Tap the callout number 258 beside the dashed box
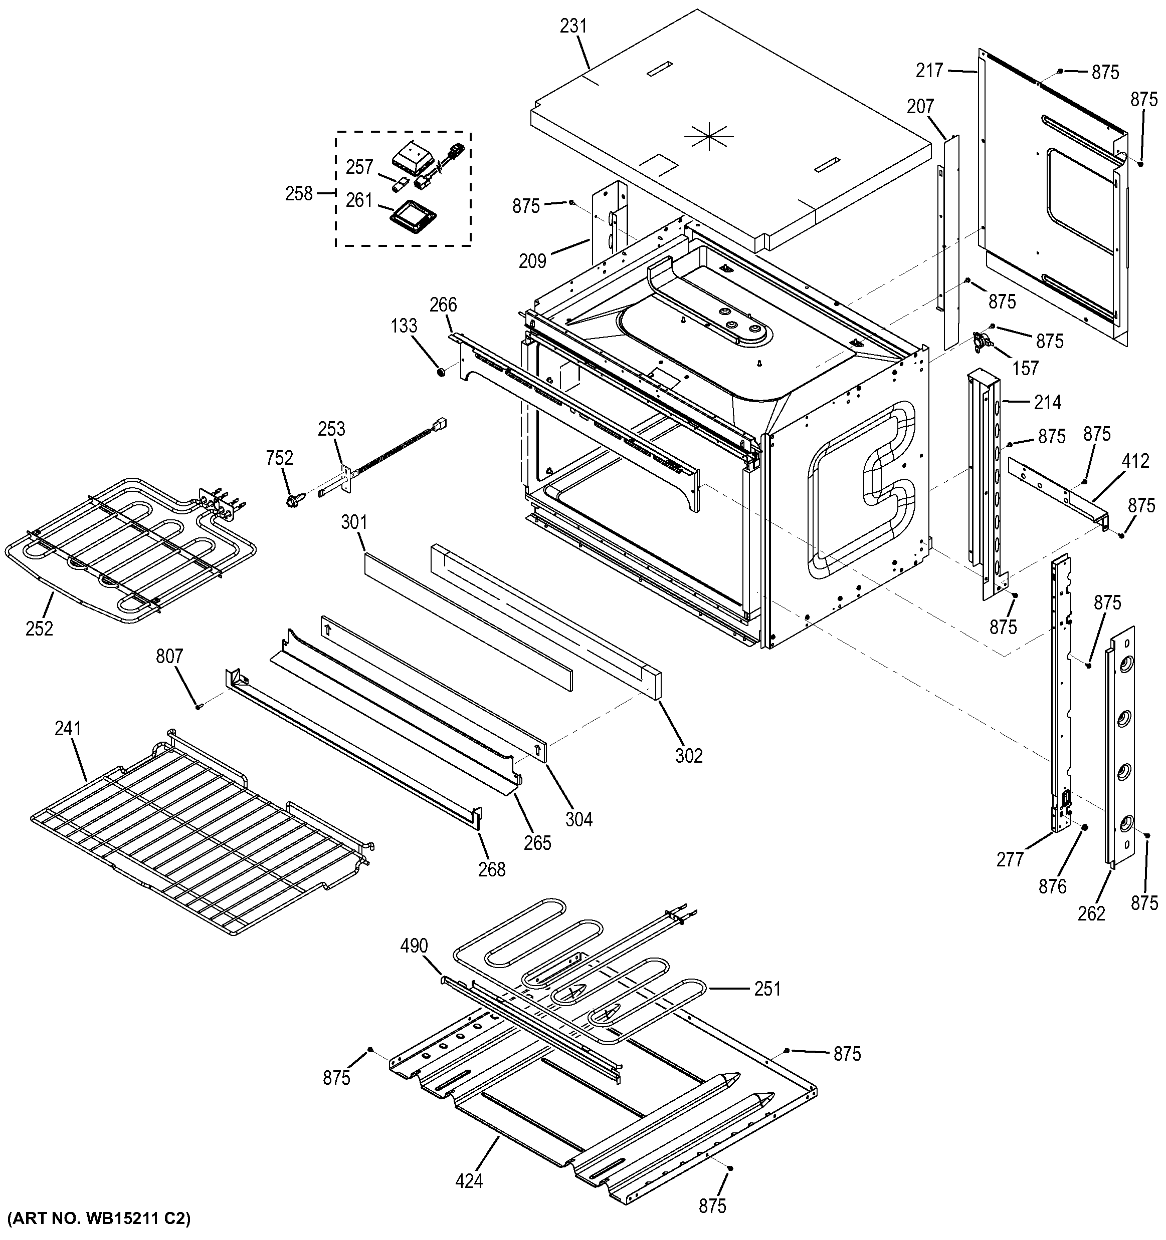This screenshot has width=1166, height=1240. (299, 194)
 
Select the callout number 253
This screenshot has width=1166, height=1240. (331, 429)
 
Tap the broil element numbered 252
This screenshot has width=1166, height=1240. (125, 549)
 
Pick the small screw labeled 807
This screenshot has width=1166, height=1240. (199, 707)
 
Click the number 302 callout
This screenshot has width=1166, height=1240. (688, 756)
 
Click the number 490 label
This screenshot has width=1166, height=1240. (414, 946)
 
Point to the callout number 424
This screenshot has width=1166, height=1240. (469, 1181)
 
